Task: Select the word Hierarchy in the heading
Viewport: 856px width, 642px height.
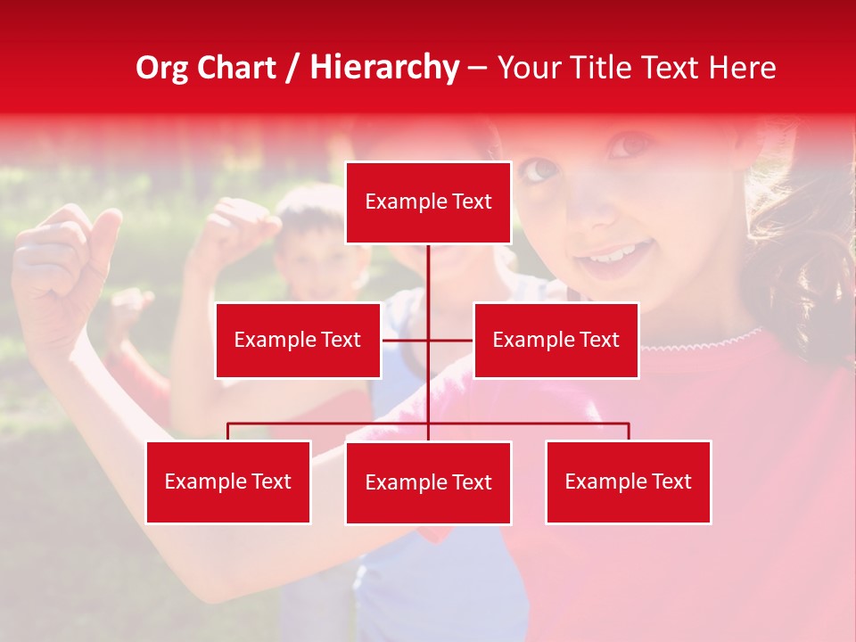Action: tap(383, 68)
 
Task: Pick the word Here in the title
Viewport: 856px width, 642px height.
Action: tap(742, 68)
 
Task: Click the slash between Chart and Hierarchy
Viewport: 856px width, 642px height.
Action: tap(292, 69)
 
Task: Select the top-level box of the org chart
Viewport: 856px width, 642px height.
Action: tap(428, 202)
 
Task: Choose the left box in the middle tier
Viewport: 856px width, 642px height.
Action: tap(298, 340)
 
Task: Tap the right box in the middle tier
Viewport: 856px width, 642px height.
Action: tap(556, 340)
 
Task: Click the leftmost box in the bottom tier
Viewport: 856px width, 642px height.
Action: tap(228, 481)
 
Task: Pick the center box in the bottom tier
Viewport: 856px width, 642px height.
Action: tap(428, 482)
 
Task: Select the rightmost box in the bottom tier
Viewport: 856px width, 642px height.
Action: tap(628, 481)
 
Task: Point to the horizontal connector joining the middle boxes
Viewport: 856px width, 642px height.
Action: tap(407, 340)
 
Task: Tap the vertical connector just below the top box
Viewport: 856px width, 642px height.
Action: tap(428, 272)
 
